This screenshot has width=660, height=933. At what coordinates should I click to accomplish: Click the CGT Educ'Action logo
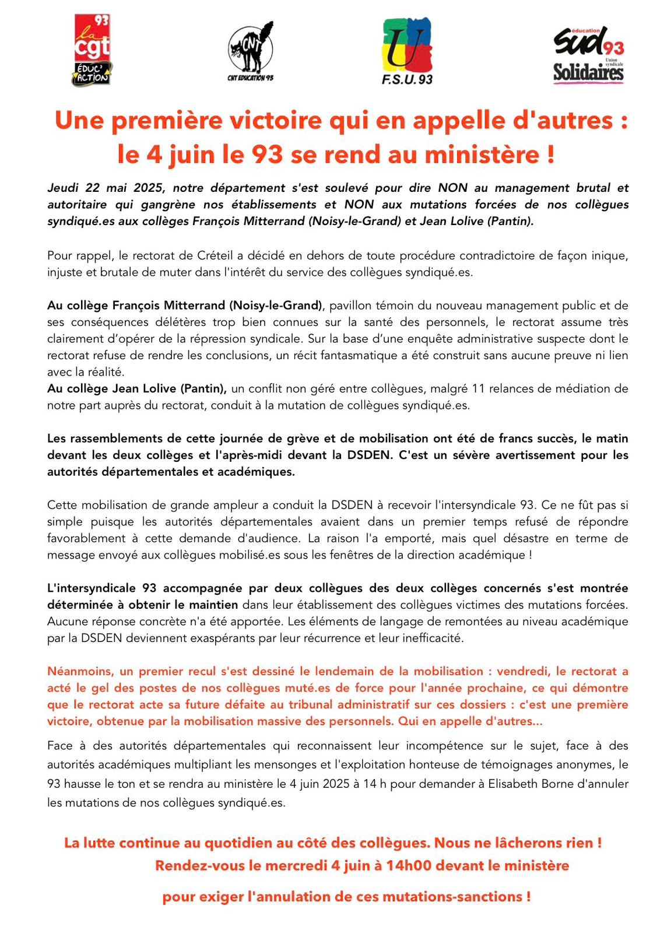click(92, 51)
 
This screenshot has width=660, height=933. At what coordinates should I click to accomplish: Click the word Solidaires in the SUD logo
click(588, 73)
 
